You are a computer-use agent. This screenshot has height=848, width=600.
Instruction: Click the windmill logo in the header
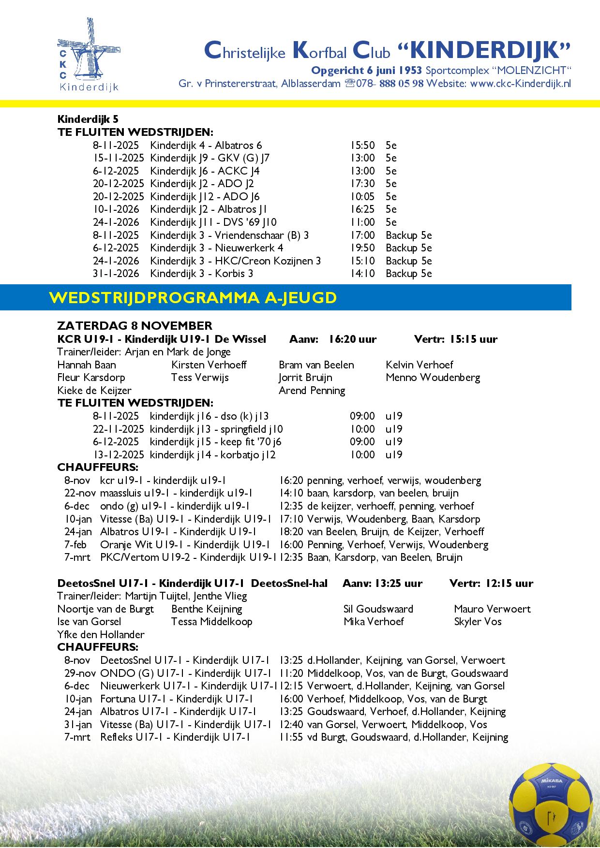pyautogui.click(x=88, y=54)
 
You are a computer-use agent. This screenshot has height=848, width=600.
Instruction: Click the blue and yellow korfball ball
pyautogui.click(x=552, y=805)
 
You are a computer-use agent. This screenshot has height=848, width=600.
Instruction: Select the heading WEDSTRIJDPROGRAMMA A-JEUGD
pyautogui.click(x=193, y=297)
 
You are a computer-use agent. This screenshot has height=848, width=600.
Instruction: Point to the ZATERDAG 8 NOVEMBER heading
pyautogui.click(x=135, y=325)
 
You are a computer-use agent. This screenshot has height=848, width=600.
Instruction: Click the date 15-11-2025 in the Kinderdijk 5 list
pyautogui.click(x=119, y=158)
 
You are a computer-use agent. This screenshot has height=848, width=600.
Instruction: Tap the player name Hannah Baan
pyautogui.click(x=87, y=365)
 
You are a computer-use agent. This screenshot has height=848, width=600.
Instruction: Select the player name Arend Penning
pyautogui.click(x=312, y=390)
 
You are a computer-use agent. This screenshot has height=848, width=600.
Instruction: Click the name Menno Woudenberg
pyautogui.click(x=433, y=377)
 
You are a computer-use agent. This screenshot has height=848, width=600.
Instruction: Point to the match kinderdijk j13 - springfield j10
pyautogui.click(x=216, y=429)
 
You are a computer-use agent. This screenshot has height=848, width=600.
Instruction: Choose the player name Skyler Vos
pyautogui.click(x=478, y=621)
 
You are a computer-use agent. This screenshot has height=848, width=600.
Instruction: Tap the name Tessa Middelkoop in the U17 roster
pyautogui.click(x=211, y=621)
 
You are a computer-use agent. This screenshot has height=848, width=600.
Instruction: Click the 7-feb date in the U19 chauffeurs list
pyautogui.click(x=75, y=544)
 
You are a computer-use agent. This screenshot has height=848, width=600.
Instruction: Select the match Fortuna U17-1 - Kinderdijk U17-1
pyautogui.click(x=177, y=699)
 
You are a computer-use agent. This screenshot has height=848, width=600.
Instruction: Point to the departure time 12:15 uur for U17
pyautogui.click(x=508, y=583)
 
